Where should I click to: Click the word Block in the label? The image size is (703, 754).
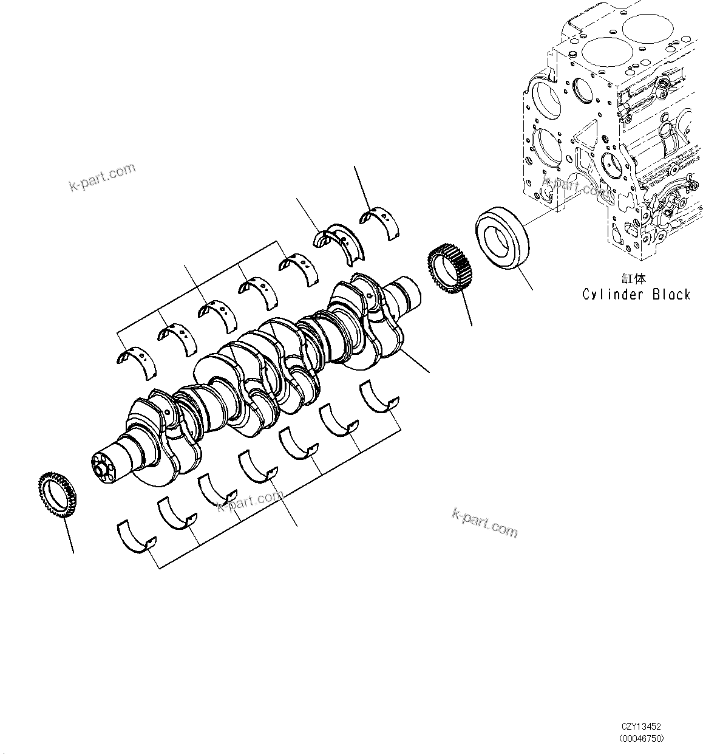tap(671, 295)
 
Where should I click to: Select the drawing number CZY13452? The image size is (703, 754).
tap(641, 727)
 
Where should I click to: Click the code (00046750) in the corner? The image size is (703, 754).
tap(642, 739)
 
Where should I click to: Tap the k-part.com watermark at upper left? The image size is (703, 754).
tap(102, 177)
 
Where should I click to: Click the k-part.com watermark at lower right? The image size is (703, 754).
tap(485, 523)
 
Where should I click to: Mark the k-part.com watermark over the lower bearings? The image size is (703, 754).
tap(250, 501)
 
